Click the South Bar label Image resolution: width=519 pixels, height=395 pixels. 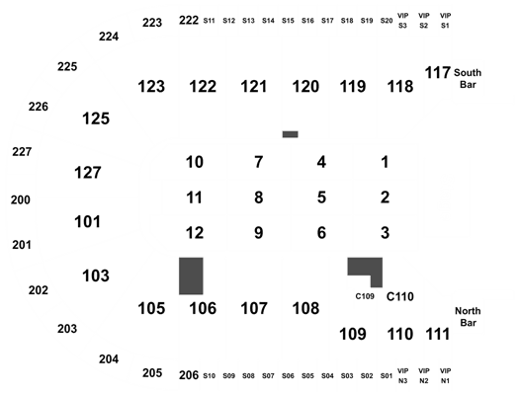pos(468,78)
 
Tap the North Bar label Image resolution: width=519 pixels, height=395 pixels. pos(468,317)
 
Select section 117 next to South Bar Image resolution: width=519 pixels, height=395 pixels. pos(438,73)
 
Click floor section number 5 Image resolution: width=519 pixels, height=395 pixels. pos(321,197)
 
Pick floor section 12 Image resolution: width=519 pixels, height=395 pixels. pos(195,233)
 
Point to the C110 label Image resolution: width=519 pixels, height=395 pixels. pos(399,296)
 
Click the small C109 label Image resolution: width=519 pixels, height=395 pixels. pos(365,296)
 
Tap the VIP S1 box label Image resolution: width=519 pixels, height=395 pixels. pos(445,21)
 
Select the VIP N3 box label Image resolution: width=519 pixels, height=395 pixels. pos(402,376)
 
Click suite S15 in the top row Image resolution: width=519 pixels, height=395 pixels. pos(288,21)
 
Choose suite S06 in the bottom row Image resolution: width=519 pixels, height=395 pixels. pos(288,376)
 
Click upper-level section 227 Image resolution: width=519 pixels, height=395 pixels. pos(22,152)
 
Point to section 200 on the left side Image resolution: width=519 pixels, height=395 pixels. pos(21,199)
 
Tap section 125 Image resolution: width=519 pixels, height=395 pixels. pos(96,118)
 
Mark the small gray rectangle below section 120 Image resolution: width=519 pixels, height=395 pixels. pos(291,134)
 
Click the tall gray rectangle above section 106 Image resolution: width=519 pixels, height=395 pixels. pos(191,276)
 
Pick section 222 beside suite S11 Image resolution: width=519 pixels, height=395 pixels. pos(189,20)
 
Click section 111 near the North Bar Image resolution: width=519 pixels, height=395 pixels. pos(438,334)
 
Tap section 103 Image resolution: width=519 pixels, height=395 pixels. pos(96,276)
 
